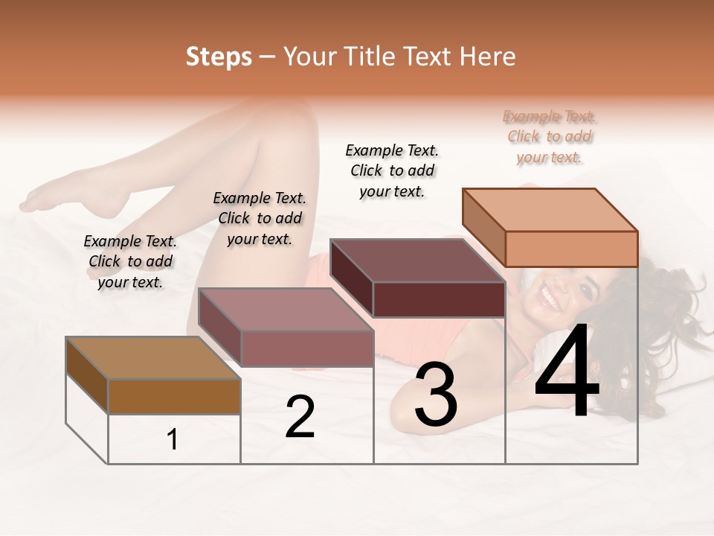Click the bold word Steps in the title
(x=219, y=57)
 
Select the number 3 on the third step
(x=435, y=395)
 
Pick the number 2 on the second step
(x=300, y=417)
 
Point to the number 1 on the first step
(x=173, y=440)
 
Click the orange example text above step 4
(x=550, y=137)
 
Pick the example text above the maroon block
(x=392, y=170)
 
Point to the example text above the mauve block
(x=260, y=218)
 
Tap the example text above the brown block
(x=130, y=261)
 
